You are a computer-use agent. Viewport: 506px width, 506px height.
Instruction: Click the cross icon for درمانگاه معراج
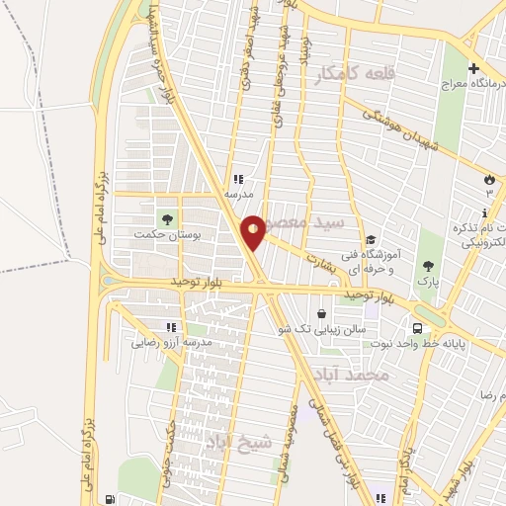[475, 69]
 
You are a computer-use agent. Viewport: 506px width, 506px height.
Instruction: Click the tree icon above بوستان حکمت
[165, 216]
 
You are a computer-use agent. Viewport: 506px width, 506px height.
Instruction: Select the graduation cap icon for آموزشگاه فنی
[371, 239]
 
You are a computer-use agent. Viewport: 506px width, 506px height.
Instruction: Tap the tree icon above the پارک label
[428, 265]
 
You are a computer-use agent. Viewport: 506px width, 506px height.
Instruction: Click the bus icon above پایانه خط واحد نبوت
[418, 328]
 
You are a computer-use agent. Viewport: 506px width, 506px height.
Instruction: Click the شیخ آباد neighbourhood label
[236, 442]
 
